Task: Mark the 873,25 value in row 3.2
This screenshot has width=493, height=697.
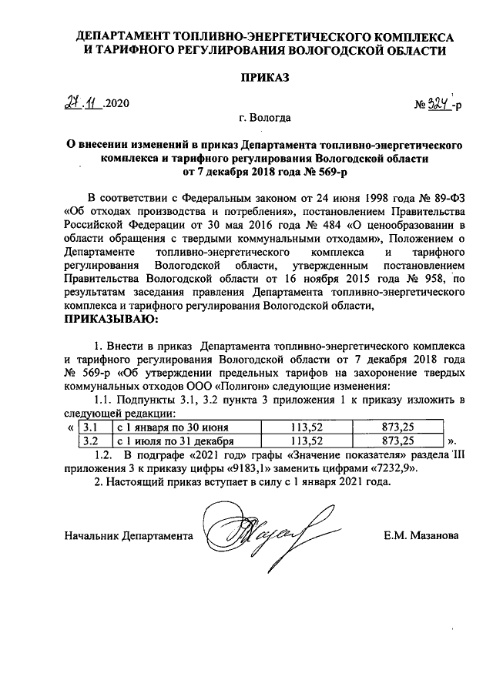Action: point(397,441)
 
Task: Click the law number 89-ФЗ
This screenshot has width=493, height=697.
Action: point(442,198)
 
